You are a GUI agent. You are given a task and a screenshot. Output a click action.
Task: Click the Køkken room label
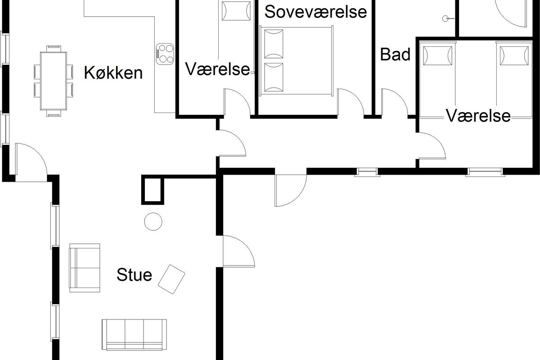tap(113, 72)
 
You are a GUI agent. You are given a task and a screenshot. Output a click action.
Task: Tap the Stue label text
tap(134, 274)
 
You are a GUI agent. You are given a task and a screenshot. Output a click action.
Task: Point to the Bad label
tap(395, 54)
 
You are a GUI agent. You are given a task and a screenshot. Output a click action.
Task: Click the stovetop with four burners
tap(165, 54)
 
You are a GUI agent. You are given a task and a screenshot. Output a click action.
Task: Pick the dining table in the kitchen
tap(54, 81)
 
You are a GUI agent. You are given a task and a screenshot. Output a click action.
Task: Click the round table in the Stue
tap(153, 221)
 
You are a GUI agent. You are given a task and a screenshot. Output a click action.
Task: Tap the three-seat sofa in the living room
tap(134, 334)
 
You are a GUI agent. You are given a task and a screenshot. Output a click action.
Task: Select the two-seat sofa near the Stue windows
tap(85, 268)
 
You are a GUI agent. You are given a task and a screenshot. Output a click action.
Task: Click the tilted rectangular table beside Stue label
tap(171, 279)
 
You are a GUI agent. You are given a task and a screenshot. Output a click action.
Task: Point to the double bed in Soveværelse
tap(296, 60)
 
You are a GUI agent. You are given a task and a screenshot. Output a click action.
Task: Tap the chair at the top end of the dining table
tap(54, 49)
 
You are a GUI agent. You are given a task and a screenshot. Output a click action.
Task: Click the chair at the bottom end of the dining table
tap(54, 113)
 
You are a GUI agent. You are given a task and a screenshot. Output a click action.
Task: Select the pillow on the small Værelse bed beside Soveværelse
tap(236, 11)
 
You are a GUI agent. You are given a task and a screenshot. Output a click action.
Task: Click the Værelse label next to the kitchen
tap(217, 69)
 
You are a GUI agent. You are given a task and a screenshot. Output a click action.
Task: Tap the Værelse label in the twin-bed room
tap(478, 116)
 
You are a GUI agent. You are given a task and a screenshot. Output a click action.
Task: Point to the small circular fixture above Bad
tap(445, 18)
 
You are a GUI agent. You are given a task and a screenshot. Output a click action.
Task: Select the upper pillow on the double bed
tap(274, 44)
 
